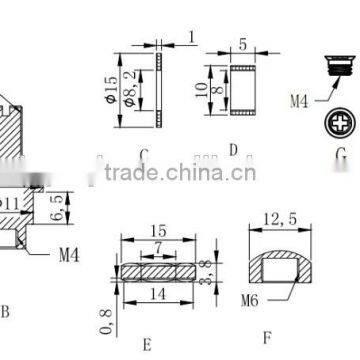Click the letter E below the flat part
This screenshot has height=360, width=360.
click(147, 345)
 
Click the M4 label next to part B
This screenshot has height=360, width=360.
click(67, 254)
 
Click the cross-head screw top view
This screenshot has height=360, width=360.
click(340, 123)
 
